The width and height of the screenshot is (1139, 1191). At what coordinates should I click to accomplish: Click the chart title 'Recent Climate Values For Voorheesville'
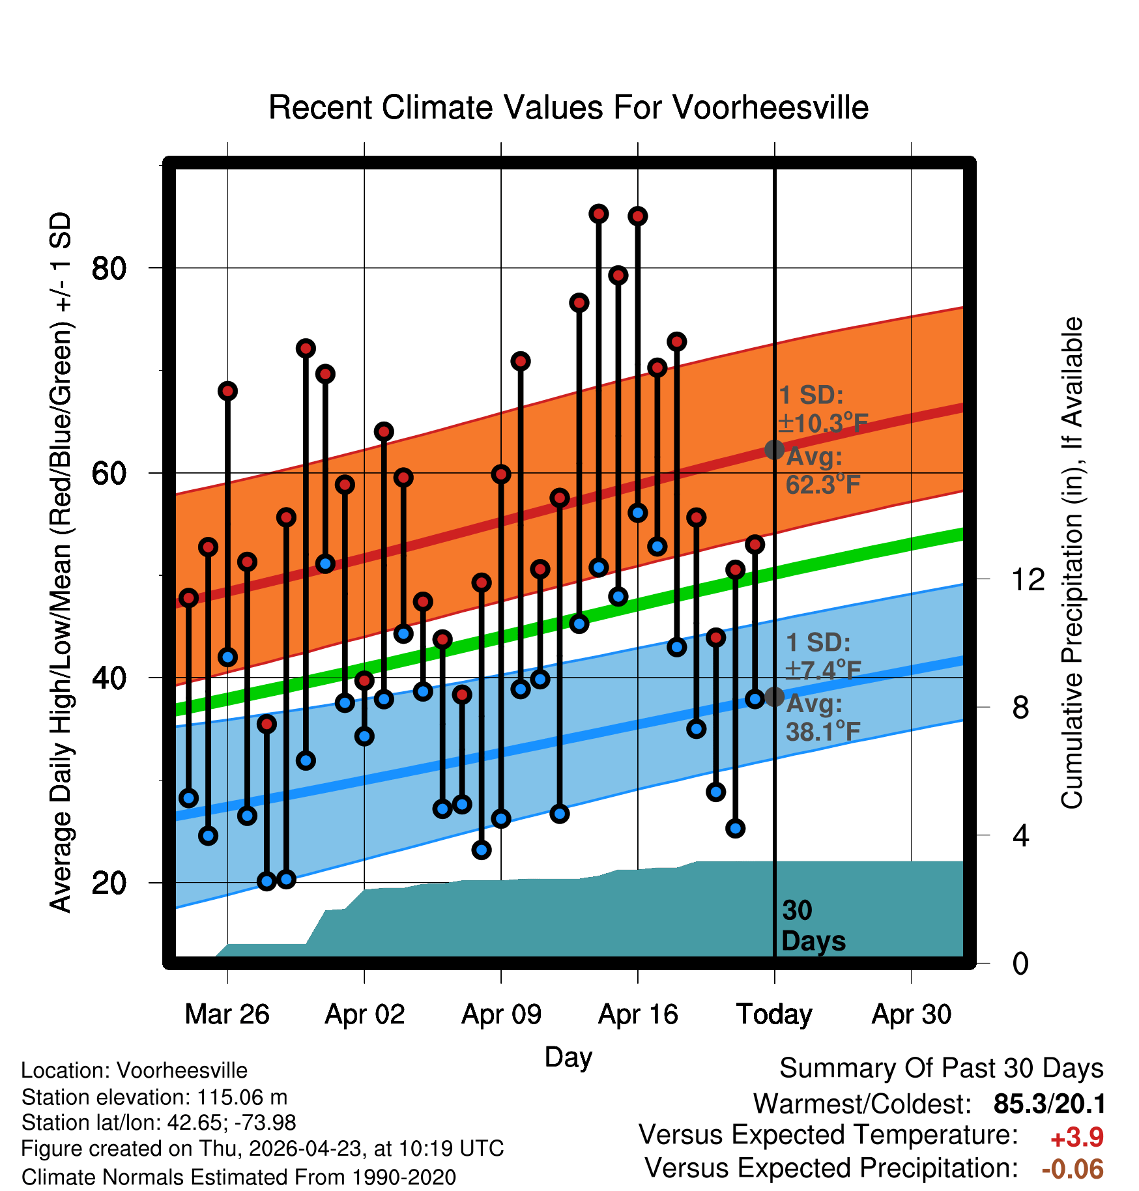pos(568,108)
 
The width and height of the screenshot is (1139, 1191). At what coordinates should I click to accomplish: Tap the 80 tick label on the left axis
pos(109,268)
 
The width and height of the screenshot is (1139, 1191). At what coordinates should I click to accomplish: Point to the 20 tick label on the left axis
pos(109,883)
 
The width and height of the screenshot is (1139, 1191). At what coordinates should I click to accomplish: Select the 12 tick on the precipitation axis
pos(1028,579)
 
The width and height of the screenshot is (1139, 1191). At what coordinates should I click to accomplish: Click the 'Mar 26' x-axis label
pos(227,1014)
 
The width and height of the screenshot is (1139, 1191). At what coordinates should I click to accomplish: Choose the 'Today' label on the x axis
pos(774,1014)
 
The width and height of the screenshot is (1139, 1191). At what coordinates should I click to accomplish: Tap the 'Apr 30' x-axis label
pos(911,1014)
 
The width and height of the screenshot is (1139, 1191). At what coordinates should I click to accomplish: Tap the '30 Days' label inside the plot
pos(813,926)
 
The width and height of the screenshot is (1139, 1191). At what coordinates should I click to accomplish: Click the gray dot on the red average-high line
pos(774,450)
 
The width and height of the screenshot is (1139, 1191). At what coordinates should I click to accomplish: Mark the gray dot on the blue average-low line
pos(774,696)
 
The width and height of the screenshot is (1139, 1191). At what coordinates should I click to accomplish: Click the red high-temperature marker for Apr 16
pos(638,216)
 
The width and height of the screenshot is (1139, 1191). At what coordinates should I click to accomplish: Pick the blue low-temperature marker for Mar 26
pos(227,657)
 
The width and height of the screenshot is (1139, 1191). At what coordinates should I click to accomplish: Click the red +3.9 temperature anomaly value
pos(1077,1138)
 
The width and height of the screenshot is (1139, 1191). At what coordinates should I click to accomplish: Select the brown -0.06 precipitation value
pos(1073,1169)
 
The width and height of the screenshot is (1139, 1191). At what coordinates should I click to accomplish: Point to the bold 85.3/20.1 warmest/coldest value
pos(1049,1104)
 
